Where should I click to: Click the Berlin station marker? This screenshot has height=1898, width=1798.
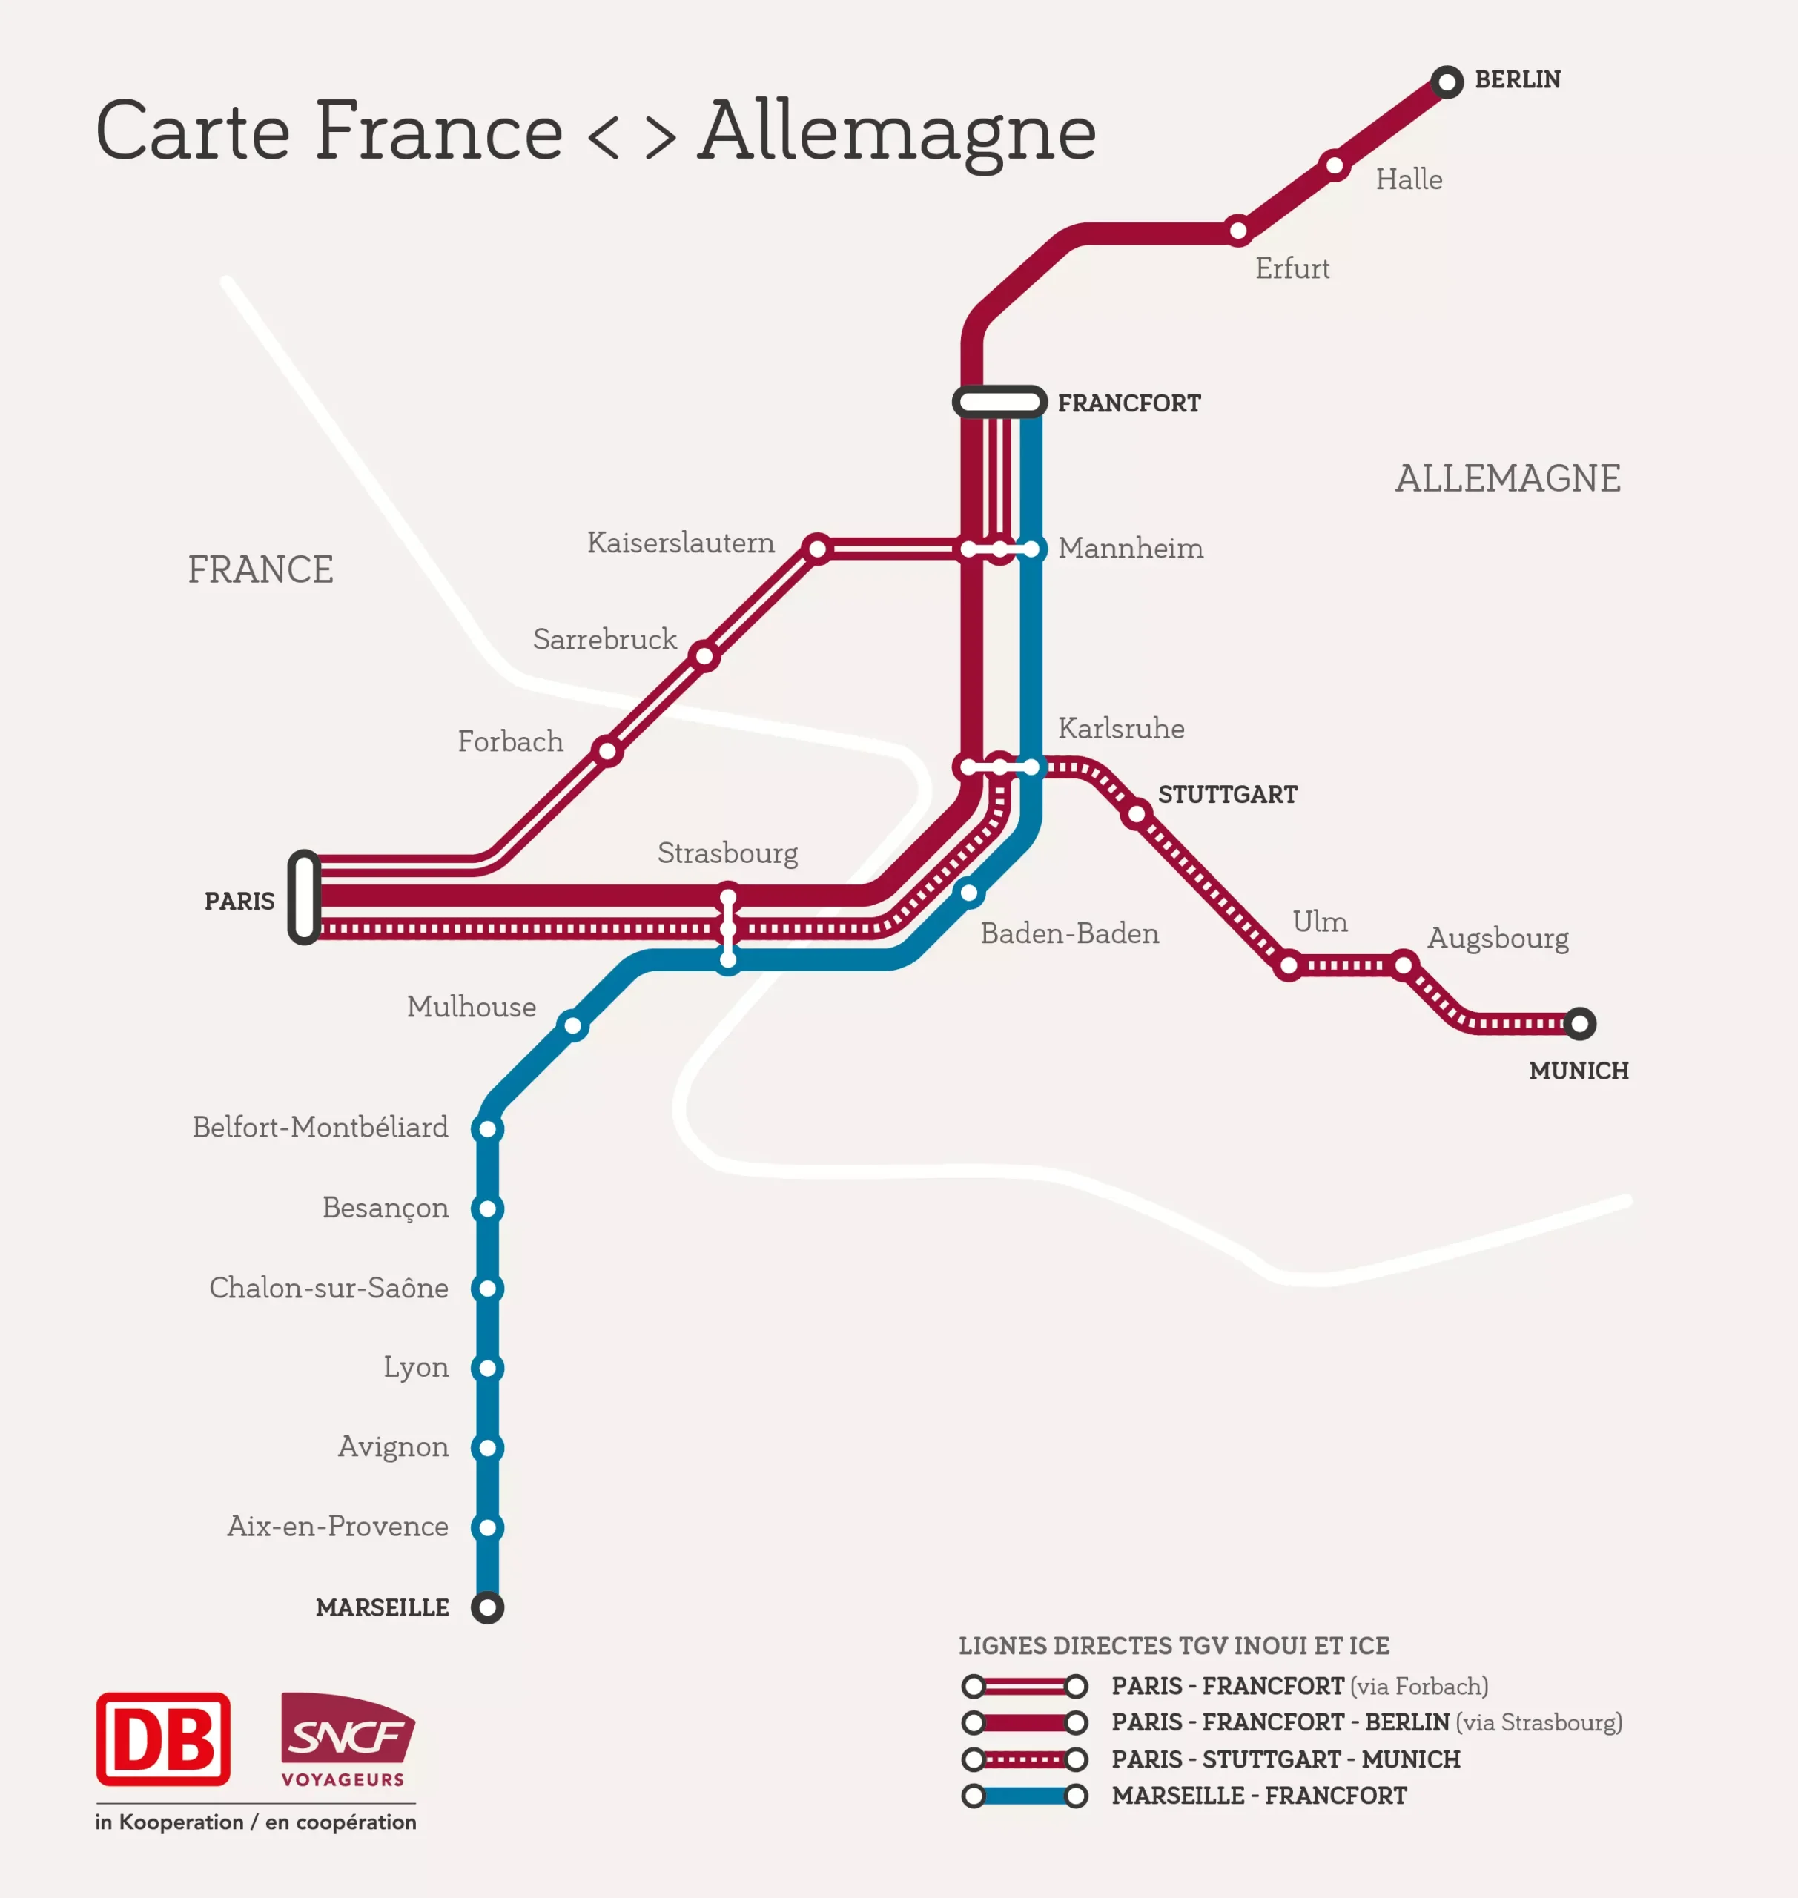1447,82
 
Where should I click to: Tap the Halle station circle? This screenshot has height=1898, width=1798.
1334,166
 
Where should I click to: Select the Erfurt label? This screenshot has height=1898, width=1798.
1292,268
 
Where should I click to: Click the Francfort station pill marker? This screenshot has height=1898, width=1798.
999,402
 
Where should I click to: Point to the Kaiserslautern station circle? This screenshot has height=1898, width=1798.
816,549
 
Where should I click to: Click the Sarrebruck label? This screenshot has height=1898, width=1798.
605,639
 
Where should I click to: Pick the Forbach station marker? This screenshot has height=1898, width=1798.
607,750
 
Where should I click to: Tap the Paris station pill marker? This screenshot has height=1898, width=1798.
304,897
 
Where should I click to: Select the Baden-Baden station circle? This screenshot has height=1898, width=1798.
969,893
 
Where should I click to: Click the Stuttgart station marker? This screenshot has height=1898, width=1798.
1136,815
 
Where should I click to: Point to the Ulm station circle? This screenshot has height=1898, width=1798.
1289,965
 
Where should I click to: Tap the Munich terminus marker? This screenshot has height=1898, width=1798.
1579,1024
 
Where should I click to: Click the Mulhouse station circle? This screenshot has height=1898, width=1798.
572,1025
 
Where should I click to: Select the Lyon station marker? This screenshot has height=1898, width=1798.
487,1368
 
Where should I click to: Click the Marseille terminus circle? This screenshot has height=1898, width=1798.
487,1607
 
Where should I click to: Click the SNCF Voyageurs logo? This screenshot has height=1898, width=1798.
347,1740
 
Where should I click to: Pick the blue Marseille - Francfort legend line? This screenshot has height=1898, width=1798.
1024,1796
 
